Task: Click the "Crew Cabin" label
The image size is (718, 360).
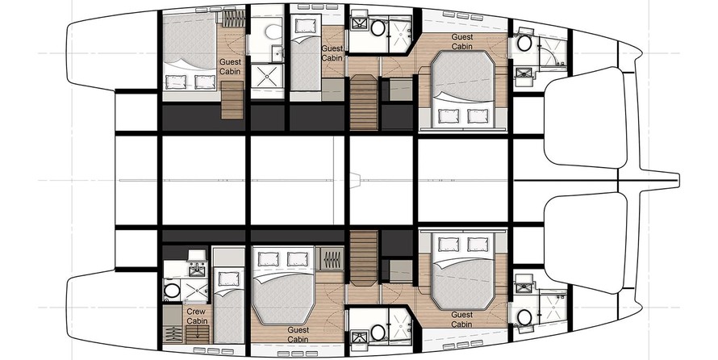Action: (x=197, y=316)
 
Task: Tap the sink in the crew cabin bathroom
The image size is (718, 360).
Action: (x=197, y=270)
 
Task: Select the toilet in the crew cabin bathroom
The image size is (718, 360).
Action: (x=172, y=291)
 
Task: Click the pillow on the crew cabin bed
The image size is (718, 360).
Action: (x=228, y=278)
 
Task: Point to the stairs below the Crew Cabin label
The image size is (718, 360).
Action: (x=198, y=335)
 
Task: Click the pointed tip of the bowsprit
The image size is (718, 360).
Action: (x=679, y=180)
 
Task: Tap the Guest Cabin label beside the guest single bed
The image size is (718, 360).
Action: (x=332, y=53)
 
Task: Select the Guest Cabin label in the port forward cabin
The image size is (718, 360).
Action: (x=462, y=41)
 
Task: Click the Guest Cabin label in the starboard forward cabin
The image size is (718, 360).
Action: (x=461, y=319)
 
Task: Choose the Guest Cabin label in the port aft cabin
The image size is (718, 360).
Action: (x=230, y=67)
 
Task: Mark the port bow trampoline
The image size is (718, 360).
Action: (x=585, y=117)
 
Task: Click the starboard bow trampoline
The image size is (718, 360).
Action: (x=585, y=243)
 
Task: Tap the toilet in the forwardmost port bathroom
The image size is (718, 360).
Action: (x=524, y=44)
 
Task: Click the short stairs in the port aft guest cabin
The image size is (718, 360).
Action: (x=232, y=100)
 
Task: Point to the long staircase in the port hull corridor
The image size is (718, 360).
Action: (x=364, y=103)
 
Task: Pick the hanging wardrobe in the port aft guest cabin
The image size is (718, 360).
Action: (x=234, y=19)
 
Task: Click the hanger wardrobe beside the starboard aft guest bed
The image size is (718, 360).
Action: (x=332, y=259)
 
